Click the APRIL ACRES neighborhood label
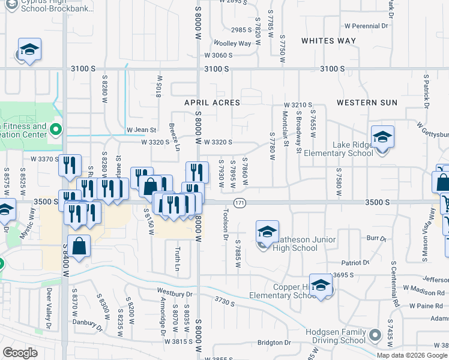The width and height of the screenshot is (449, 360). (212, 103)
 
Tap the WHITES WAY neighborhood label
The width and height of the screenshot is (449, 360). (328, 41)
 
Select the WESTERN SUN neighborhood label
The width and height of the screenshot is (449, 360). (367, 103)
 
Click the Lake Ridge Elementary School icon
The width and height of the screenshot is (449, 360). (382, 137)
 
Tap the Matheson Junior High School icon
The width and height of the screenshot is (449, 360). (267, 232)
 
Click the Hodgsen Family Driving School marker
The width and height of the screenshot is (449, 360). (376, 335)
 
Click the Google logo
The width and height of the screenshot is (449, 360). (20, 353)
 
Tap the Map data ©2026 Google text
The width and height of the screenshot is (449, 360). (411, 355)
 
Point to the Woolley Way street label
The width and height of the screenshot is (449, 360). (232, 43)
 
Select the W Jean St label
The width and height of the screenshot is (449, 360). (141, 130)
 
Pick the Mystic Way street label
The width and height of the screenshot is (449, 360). (26, 224)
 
